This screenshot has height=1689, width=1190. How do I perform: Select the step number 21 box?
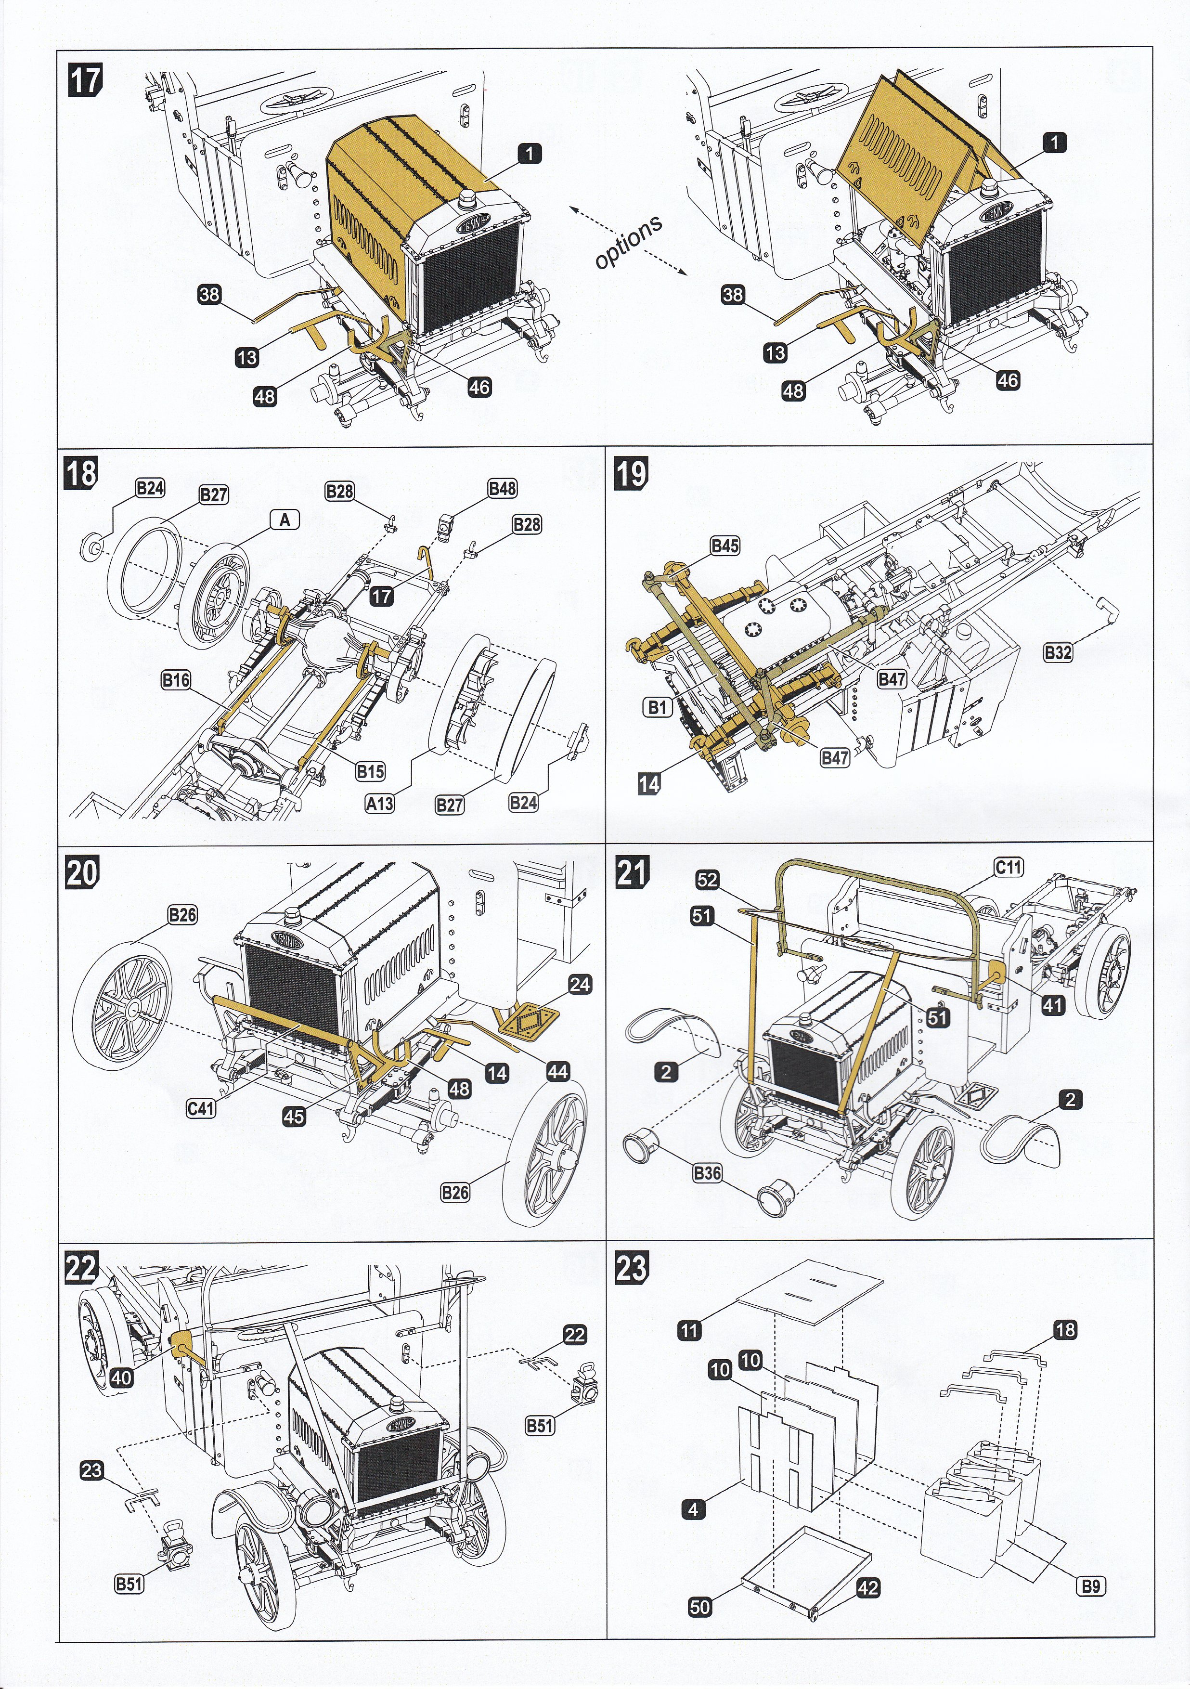click(x=632, y=872)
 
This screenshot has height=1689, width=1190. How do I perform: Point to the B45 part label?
click(x=724, y=546)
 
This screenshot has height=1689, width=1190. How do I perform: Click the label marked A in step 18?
click(x=285, y=520)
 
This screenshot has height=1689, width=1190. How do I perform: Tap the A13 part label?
click(x=379, y=803)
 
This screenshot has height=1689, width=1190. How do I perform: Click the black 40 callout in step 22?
click(x=121, y=1377)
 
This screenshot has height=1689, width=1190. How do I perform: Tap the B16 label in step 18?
click(x=176, y=680)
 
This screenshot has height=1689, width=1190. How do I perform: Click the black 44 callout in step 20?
click(x=557, y=1071)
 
